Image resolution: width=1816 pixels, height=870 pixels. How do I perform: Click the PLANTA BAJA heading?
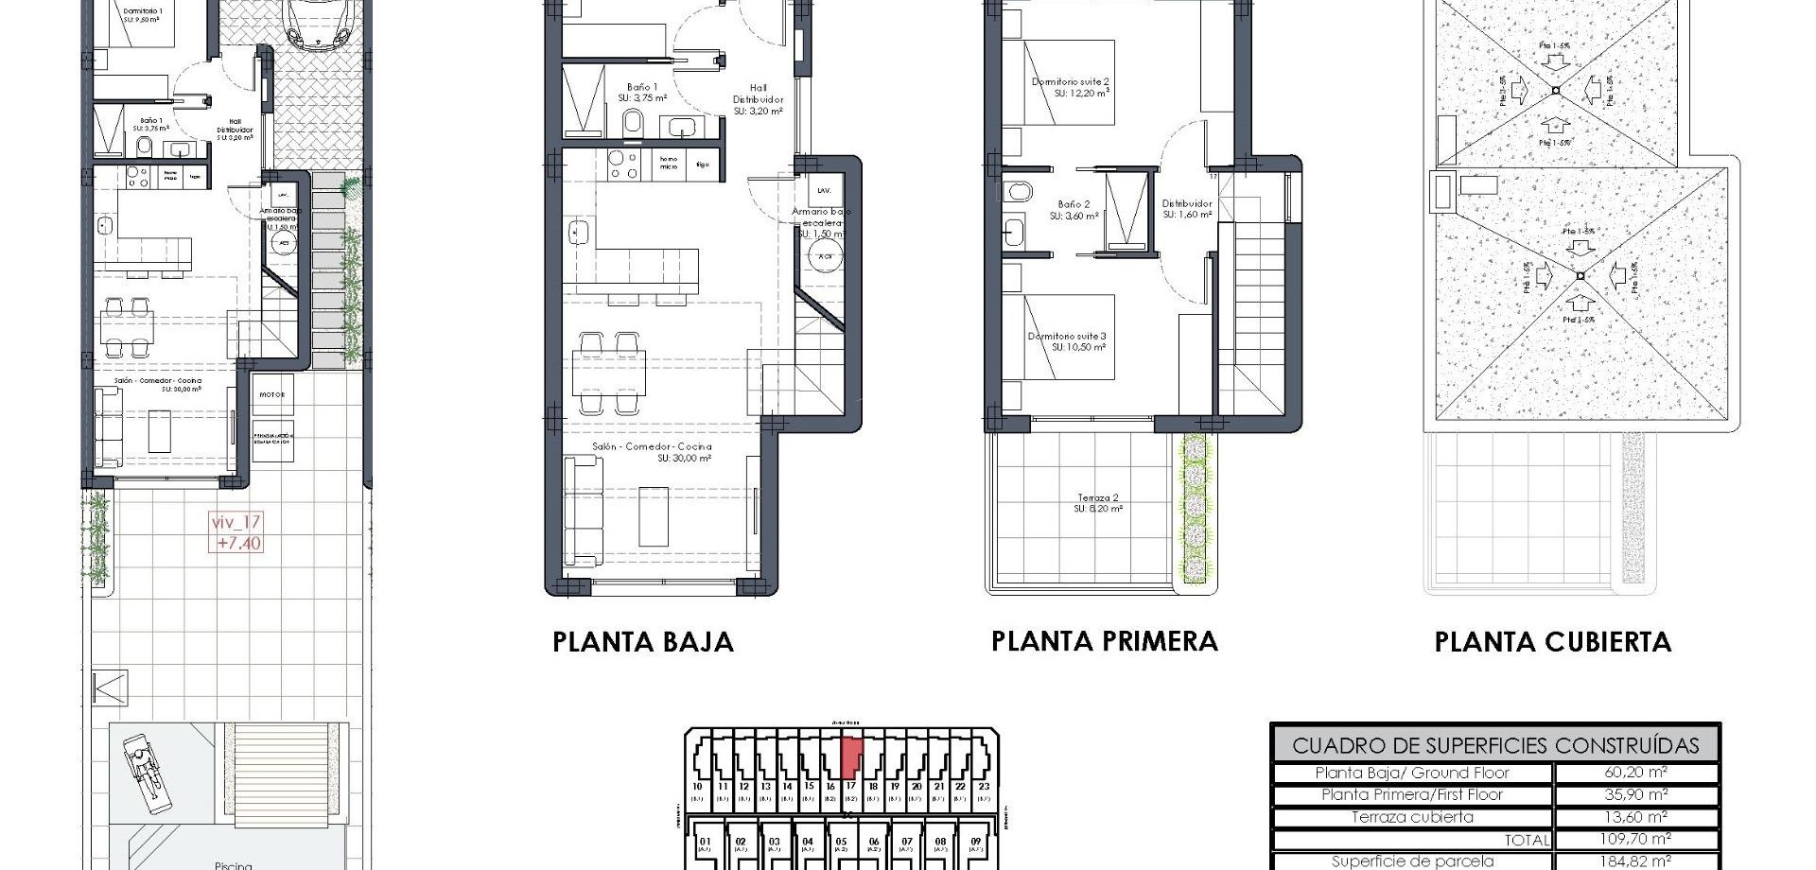[642, 642]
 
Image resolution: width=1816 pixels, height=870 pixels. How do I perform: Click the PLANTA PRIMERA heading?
[1104, 641]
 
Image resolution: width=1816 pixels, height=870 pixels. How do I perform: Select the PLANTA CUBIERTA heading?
[1552, 642]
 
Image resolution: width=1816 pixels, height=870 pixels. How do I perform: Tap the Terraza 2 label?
[1098, 499]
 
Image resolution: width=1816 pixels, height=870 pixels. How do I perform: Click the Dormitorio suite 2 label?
[1070, 82]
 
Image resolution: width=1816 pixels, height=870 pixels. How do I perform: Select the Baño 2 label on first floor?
[1074, 204]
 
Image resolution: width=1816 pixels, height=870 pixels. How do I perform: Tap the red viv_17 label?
[236, 522]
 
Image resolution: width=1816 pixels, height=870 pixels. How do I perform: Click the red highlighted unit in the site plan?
[851, 756]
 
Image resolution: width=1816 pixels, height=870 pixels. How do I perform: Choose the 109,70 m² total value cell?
[1635, 839]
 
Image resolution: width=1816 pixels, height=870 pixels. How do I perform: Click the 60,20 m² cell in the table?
[1635, 773]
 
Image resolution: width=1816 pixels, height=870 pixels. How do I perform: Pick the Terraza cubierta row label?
[1412, 817]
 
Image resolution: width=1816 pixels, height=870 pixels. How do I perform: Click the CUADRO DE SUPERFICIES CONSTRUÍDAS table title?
[1494, 745]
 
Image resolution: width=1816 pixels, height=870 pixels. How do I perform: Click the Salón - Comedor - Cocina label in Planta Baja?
[652, 446]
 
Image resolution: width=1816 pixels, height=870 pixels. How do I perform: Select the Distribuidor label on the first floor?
[1187, 203]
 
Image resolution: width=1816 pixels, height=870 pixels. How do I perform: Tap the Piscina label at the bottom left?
[233, 864]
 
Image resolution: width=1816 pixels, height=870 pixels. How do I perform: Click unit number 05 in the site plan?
[841, 841]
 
